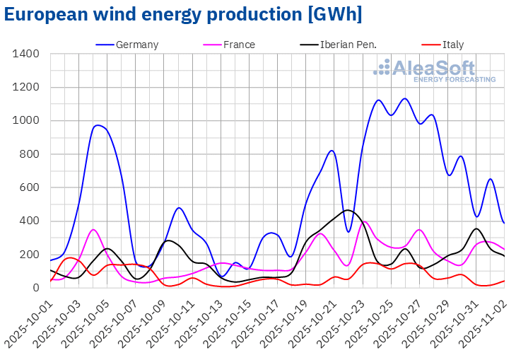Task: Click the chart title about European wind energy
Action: [x=183, y=14]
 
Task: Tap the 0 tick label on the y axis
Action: [x=36, y=288]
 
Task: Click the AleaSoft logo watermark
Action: [x=434, y=70]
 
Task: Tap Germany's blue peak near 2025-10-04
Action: [x=98, y=125]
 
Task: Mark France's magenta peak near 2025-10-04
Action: [x=93, y=229]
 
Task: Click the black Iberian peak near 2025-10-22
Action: [x=347, y=210]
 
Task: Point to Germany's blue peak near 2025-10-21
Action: [x=332, y=150]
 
